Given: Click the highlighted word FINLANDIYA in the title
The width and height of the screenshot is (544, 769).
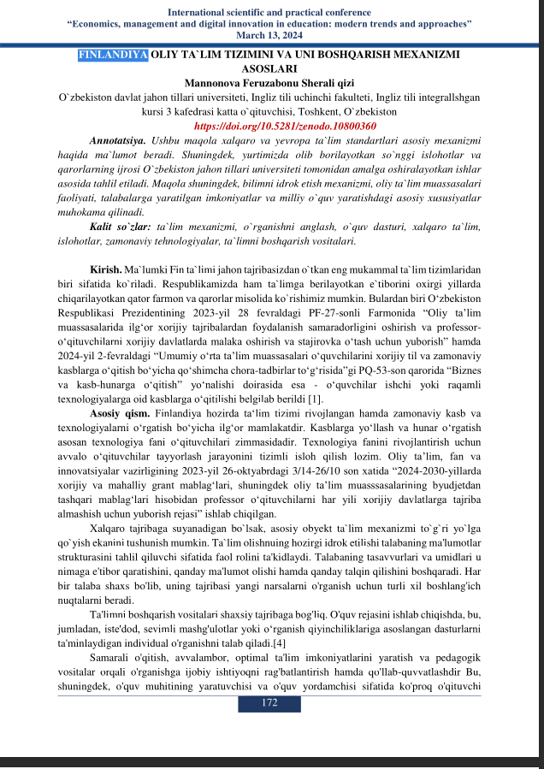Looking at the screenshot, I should pyautogui.click(x=112, y=55).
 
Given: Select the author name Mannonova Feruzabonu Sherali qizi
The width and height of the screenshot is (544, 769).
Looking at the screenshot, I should pyautogui.click(x=272, y=82).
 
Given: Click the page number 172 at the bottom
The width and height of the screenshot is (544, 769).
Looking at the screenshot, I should pyautogui.click(x=270, y=702).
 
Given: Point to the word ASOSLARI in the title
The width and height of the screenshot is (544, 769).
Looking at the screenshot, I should pyautogui.click(x=269, y=68).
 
